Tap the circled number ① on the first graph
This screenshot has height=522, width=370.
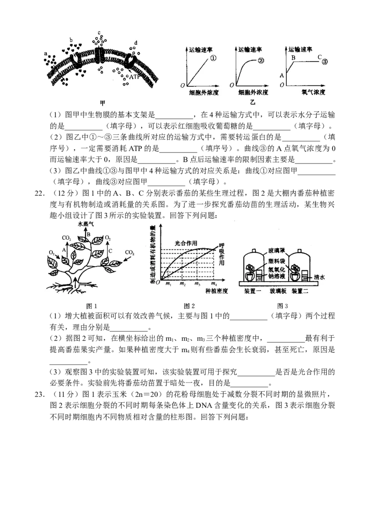click(214, 59)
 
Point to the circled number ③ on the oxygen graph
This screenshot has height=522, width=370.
click(325, 60)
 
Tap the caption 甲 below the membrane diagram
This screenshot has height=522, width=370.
click(103, 103)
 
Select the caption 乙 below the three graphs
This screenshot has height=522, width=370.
click(253, 103)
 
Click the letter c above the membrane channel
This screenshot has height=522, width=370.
click(99, 33)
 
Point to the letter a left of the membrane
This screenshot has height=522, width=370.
click(46, 54)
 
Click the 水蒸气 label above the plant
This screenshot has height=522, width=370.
click(87, 224)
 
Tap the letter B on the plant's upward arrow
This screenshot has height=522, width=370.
click(88, 234)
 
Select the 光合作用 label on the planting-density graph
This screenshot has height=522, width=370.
click(186, 243)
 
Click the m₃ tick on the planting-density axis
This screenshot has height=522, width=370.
click(197, 284)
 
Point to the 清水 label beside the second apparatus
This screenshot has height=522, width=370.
click(319, 278)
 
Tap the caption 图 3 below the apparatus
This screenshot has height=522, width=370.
click(282, 306)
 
